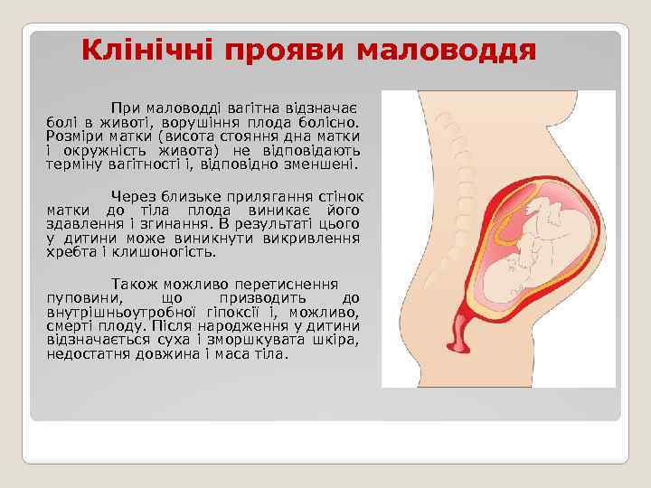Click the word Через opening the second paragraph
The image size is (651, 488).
click(x=133, y=195)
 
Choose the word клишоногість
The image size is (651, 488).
click(x=158, y=253)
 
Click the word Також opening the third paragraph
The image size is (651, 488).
click(x=133, y=282)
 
